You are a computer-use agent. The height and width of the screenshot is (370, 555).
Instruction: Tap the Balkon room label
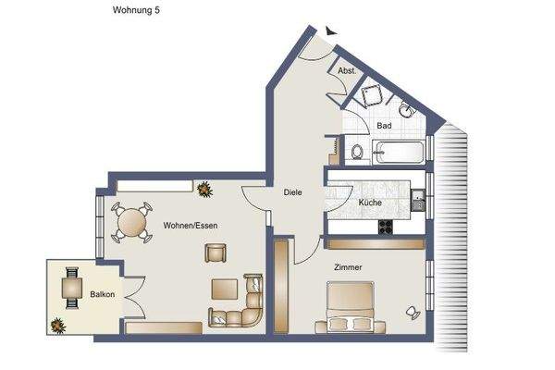(x=102, y=295)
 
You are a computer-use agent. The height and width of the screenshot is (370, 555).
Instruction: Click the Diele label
(x=292, y=192)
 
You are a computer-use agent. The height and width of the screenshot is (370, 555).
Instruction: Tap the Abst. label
(x=347, y=70)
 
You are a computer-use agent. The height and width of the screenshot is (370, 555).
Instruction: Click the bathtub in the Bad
(x=400, y=152)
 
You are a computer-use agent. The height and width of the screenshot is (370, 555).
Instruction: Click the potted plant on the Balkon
(x=59, y=325)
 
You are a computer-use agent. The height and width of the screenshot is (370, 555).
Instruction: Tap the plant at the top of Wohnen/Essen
(x=203, y=189)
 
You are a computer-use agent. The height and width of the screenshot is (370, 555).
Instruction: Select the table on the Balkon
(x=70, y=289)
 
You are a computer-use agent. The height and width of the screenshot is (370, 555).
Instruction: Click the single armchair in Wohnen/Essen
(x=216, y=252)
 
